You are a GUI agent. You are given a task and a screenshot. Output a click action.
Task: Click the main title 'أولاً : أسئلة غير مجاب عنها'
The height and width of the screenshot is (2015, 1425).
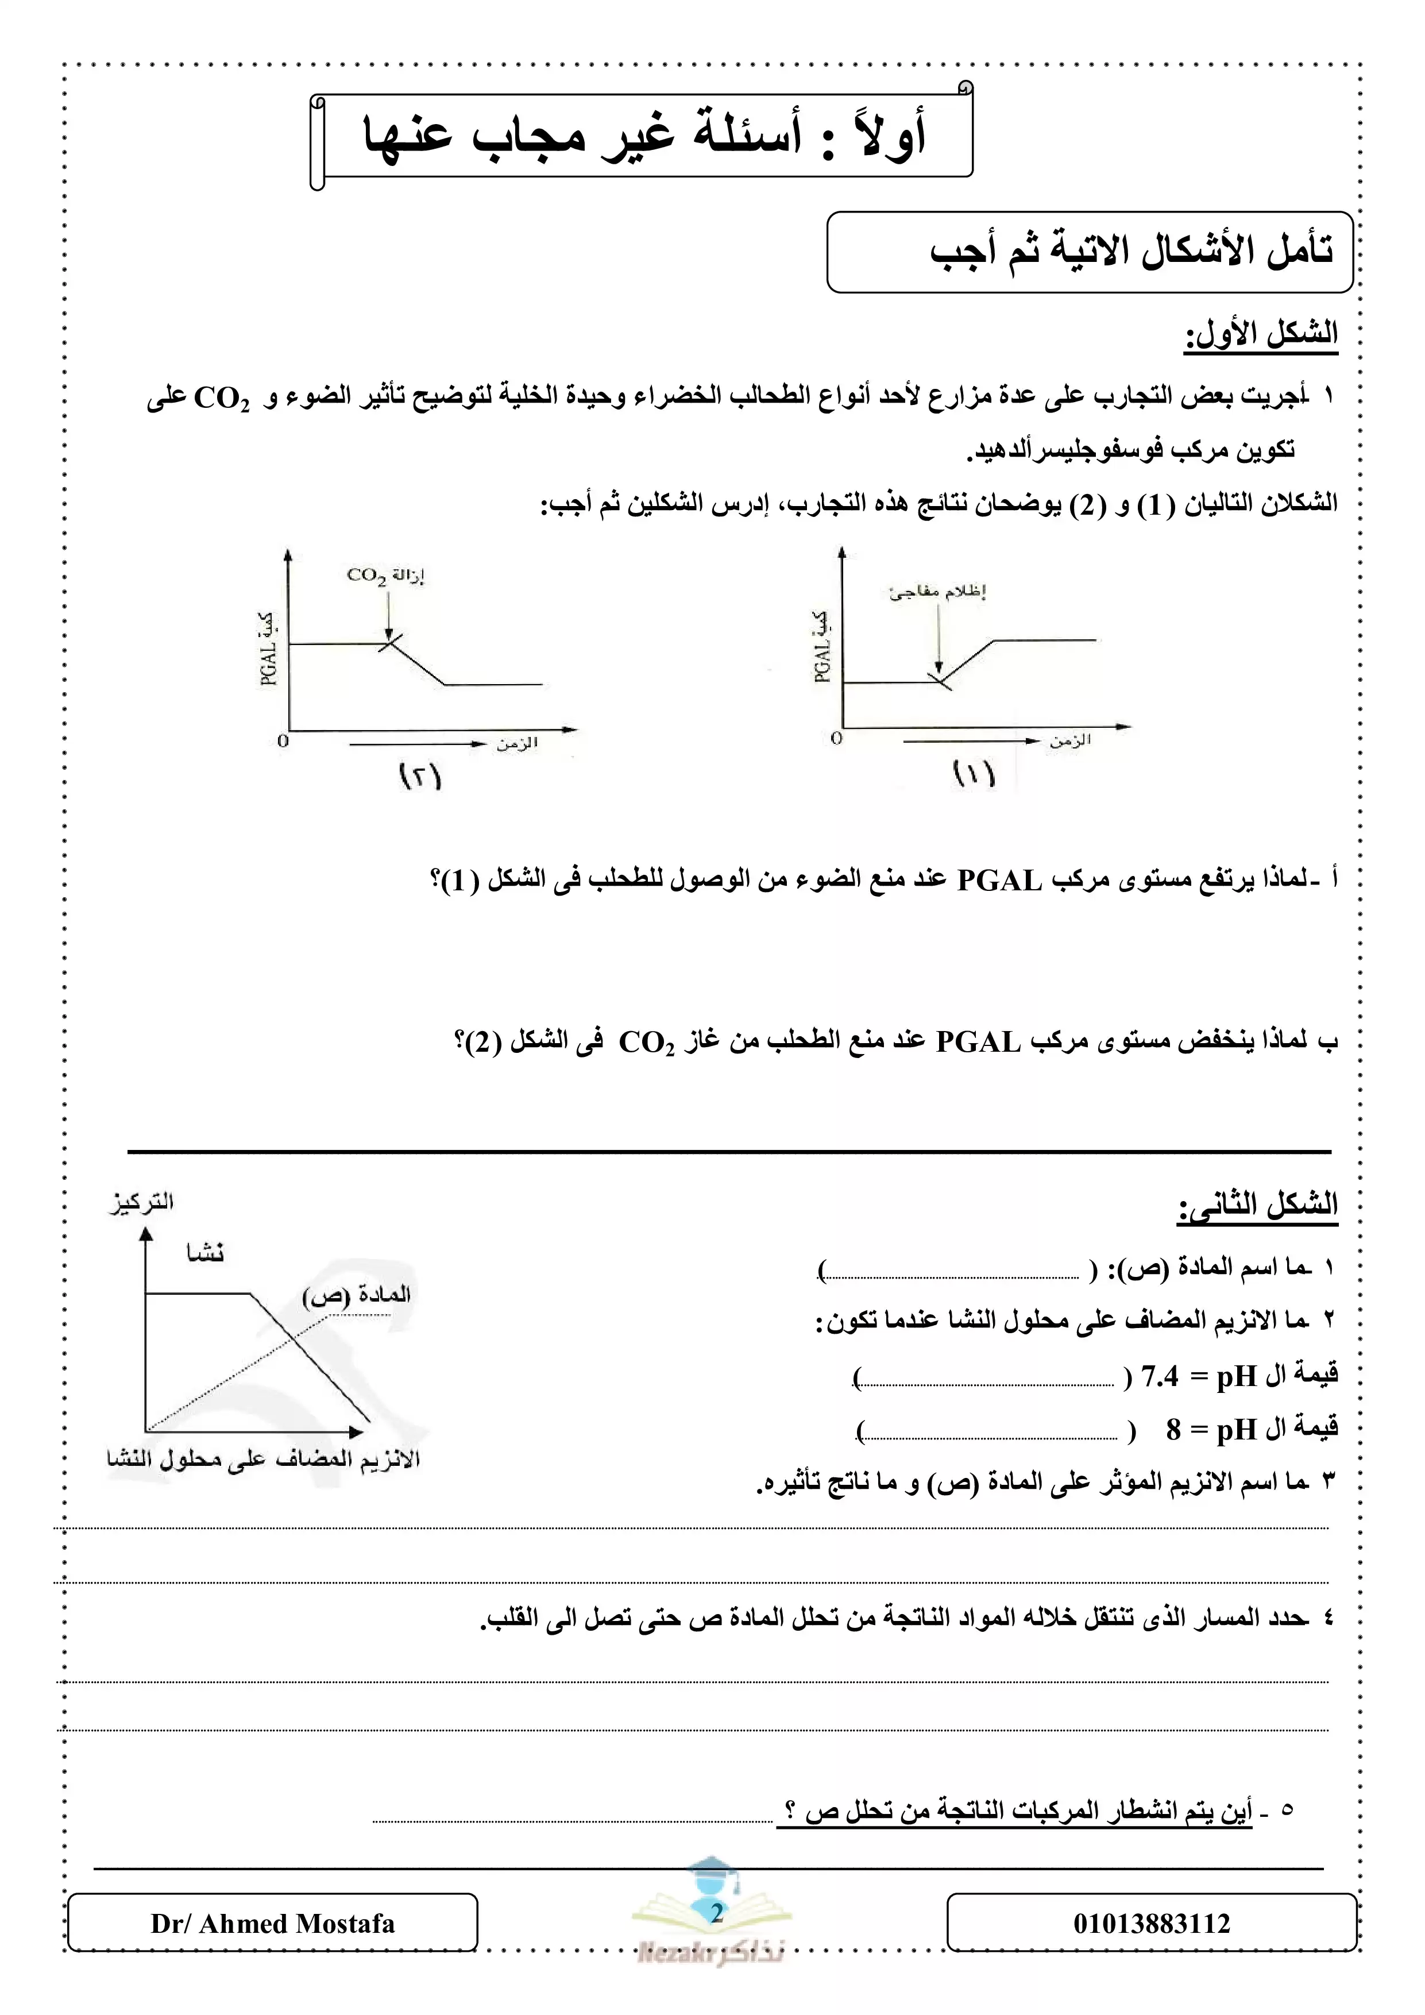point(645,136)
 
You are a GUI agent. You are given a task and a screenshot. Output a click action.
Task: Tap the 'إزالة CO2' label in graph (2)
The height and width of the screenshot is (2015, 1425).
point(385,576)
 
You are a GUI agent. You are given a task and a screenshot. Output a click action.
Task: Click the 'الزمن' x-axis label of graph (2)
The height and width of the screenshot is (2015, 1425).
point(517,744)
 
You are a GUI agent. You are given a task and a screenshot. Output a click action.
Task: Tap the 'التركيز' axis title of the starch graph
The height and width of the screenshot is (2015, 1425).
point(141,1202)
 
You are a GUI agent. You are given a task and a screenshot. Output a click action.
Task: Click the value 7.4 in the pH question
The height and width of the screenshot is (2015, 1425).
point(1158,1377)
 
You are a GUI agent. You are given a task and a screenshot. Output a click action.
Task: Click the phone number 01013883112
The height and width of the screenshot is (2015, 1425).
point(1151,1924)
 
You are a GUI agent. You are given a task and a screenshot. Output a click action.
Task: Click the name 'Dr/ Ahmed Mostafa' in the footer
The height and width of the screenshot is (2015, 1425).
point(272,1924)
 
